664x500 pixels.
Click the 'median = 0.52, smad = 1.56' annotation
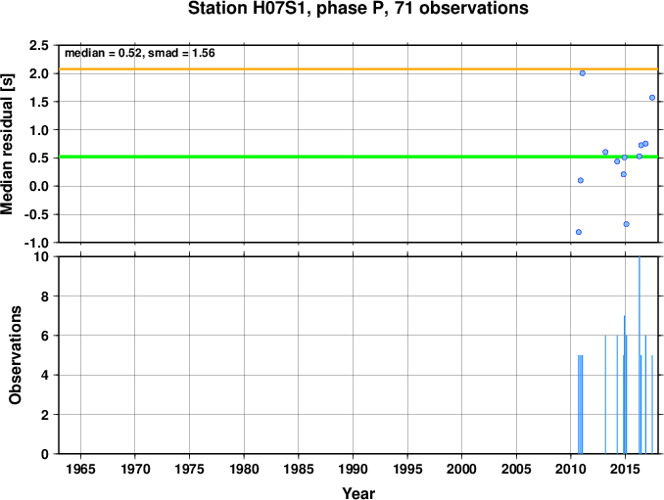140,53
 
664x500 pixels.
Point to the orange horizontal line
358,68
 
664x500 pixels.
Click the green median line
358,157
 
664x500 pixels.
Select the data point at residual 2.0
583,73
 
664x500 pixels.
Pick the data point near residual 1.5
652,98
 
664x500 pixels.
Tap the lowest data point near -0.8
579,232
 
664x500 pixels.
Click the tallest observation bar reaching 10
639,355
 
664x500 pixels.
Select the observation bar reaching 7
624,385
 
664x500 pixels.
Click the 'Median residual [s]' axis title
7,144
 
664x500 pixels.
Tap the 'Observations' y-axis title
16,355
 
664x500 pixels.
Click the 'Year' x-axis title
358,493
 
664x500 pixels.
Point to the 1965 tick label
80,469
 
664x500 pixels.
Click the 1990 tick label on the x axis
353,469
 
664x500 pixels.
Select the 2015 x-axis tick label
626,469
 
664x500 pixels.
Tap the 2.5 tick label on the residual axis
39,45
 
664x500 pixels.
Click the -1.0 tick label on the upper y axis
36,243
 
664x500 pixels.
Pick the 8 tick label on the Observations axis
45,296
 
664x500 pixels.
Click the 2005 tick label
516,469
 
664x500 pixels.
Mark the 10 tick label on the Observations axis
41,256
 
